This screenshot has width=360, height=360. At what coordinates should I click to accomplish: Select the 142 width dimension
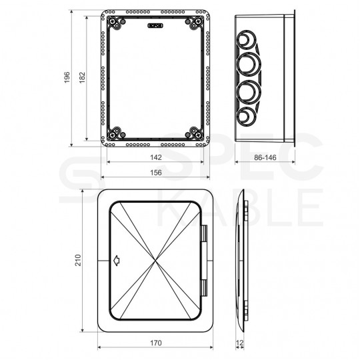point(155,159)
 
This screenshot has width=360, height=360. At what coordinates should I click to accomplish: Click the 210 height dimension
point(78,259)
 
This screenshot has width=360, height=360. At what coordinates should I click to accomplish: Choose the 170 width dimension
point(155,343)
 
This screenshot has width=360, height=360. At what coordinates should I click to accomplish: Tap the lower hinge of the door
point(203,289)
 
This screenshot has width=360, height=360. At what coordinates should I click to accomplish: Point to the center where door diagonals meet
point(157,260)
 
